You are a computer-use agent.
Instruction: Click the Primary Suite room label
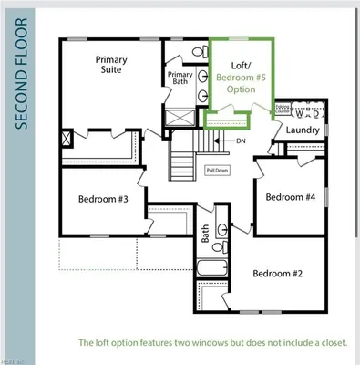(x=111, y=66)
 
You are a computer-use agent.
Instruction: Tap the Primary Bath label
(x=180, y=78)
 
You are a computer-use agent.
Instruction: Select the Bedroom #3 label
(x=102, y=199)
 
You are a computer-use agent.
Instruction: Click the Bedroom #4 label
(x=290, y=197)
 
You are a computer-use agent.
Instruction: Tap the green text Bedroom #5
(x=242, y=78)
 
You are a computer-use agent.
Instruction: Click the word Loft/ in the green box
(x=241, y=67)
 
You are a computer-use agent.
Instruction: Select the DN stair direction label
(x=241, y=141)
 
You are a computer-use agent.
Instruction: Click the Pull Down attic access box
(x=216, y=171)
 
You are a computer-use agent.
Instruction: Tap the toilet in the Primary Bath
(x=198, y=53)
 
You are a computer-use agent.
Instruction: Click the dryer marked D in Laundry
(x=315, y=113)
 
